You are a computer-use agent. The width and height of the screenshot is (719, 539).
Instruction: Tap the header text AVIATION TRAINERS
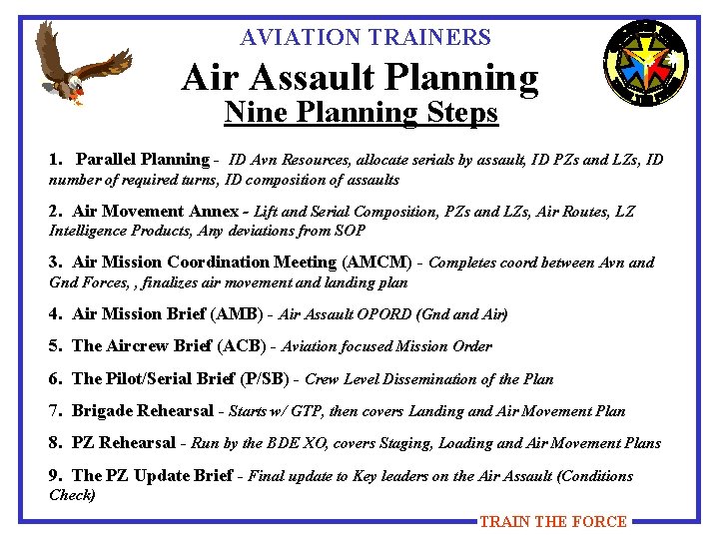pos(365,38)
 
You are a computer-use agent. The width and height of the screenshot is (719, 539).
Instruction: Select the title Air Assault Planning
pos(359,78)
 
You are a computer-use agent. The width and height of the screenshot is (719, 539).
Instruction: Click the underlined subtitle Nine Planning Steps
pos(360,113)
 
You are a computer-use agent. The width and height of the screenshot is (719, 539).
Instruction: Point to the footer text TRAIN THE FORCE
pos(552,521)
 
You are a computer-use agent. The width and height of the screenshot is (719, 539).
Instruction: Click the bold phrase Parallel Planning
pos(142,160)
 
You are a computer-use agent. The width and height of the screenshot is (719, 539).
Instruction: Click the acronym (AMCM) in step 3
pos(376,263)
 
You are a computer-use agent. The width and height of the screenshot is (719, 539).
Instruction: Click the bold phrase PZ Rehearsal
pos(124,443)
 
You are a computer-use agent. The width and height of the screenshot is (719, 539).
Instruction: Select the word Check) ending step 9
pos(72,495)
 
